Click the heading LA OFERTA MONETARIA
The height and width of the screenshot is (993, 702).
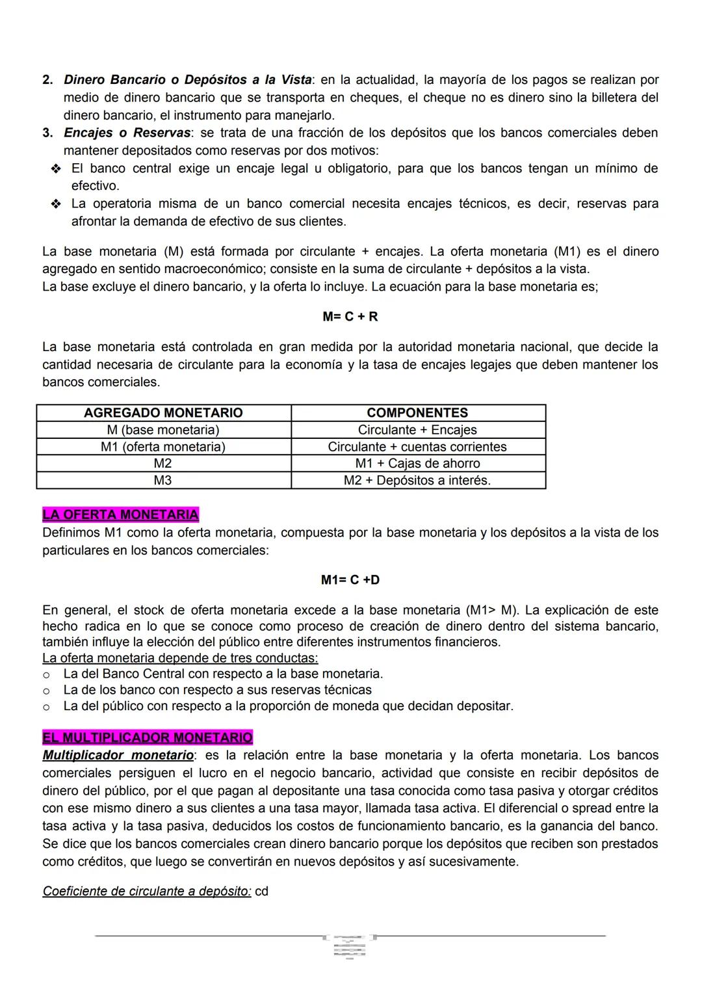click(x=120, y=514)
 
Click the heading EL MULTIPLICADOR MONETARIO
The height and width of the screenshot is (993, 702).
click(x=147, y=737)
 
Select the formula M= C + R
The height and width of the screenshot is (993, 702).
click(x=350, y=317)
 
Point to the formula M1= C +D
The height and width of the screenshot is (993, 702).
click(x=350, y=579)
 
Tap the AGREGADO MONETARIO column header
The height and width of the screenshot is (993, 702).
click(x=163, y=413)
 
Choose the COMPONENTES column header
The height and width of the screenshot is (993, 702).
click(x=417, y=413)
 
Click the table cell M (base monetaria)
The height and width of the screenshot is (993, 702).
click(x=163, y=430)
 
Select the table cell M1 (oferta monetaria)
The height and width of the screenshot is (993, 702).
click(x=163, y=447)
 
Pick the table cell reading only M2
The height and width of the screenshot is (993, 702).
click(x=162, y=464)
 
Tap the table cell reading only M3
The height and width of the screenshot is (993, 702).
click(x=162, y=481)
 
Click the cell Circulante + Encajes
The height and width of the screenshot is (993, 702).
click(x=417, y=430)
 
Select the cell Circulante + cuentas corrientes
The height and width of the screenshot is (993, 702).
click(x=417, y=447)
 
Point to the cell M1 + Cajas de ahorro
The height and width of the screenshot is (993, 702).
click(x=417, y=464)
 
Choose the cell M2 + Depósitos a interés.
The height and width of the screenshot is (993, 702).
click(x=417, y=481)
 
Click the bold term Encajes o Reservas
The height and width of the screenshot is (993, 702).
click(x=127, y=133)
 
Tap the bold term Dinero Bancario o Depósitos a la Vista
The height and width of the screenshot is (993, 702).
click(x=187, y=80)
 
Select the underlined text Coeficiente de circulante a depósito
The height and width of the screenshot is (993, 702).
click(x=146, y=891)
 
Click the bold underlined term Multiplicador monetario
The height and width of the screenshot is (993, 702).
click(x=118, y=755)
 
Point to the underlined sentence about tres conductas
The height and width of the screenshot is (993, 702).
click(x=180, y=657)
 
